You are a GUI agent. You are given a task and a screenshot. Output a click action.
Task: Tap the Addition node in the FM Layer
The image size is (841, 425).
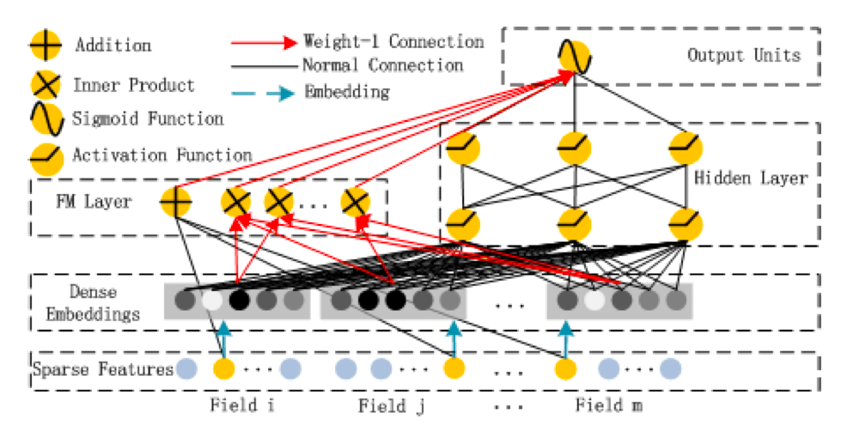pyautogui.click(x=175, y=203)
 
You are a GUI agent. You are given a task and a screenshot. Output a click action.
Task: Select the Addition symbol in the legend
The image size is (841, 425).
pyautogui.click(x=46, y=45)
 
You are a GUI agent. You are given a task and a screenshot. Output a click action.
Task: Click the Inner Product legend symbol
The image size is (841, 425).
pyautogui.click(x=46, y=85)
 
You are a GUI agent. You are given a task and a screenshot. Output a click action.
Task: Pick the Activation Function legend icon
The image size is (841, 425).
pyautogui.click(x=46, y=155)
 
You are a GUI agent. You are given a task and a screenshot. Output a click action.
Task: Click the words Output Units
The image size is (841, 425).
pyautogui.click(x=744, y=56)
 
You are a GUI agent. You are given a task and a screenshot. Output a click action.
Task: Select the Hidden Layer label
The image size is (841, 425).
pyautogui.click(x=750, y=179)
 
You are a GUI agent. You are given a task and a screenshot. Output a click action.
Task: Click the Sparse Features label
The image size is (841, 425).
pyautogui.click(x=101, y=370)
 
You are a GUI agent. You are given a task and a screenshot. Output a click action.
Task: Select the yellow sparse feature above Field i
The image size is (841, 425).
pyautogui.click(x=223, y=370)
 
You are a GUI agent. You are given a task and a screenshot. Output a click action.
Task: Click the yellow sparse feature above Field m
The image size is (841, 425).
pyautogui.click(x=565, y=370)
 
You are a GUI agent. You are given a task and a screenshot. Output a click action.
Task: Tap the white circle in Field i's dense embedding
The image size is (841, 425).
pyautogui.click(x=211, y=301)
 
